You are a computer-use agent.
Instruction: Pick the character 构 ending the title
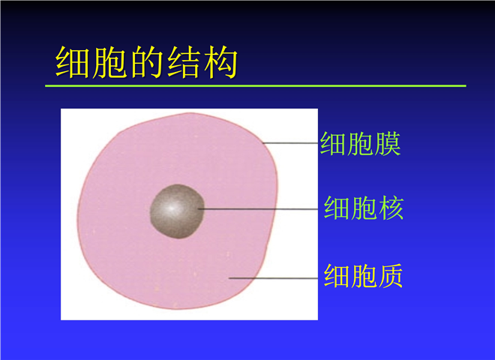click(220, 62)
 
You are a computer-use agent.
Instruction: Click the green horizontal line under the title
click(256, 85)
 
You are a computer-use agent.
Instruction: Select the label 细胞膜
click(360, 144)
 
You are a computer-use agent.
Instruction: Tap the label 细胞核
click(364, 208)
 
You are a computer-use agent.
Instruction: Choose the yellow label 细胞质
click(363, 276)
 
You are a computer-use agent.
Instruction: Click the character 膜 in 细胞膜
click(388, 144)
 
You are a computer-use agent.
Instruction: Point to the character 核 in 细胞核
click(391, 208)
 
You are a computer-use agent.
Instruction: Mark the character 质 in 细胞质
click(390, 276)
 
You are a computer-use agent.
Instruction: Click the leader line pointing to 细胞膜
click(290, 143)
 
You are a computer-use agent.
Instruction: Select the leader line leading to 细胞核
click(258, 208)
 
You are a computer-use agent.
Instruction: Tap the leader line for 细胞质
click(274, 278)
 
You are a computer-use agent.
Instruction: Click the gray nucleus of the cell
click(177, 211)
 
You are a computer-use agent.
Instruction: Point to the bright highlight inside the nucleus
click(171, 208)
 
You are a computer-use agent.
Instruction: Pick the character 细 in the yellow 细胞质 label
click(337, 276)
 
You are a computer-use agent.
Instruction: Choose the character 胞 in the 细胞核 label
click(364, 208)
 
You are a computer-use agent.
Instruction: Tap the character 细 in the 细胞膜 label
click(333, 144)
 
